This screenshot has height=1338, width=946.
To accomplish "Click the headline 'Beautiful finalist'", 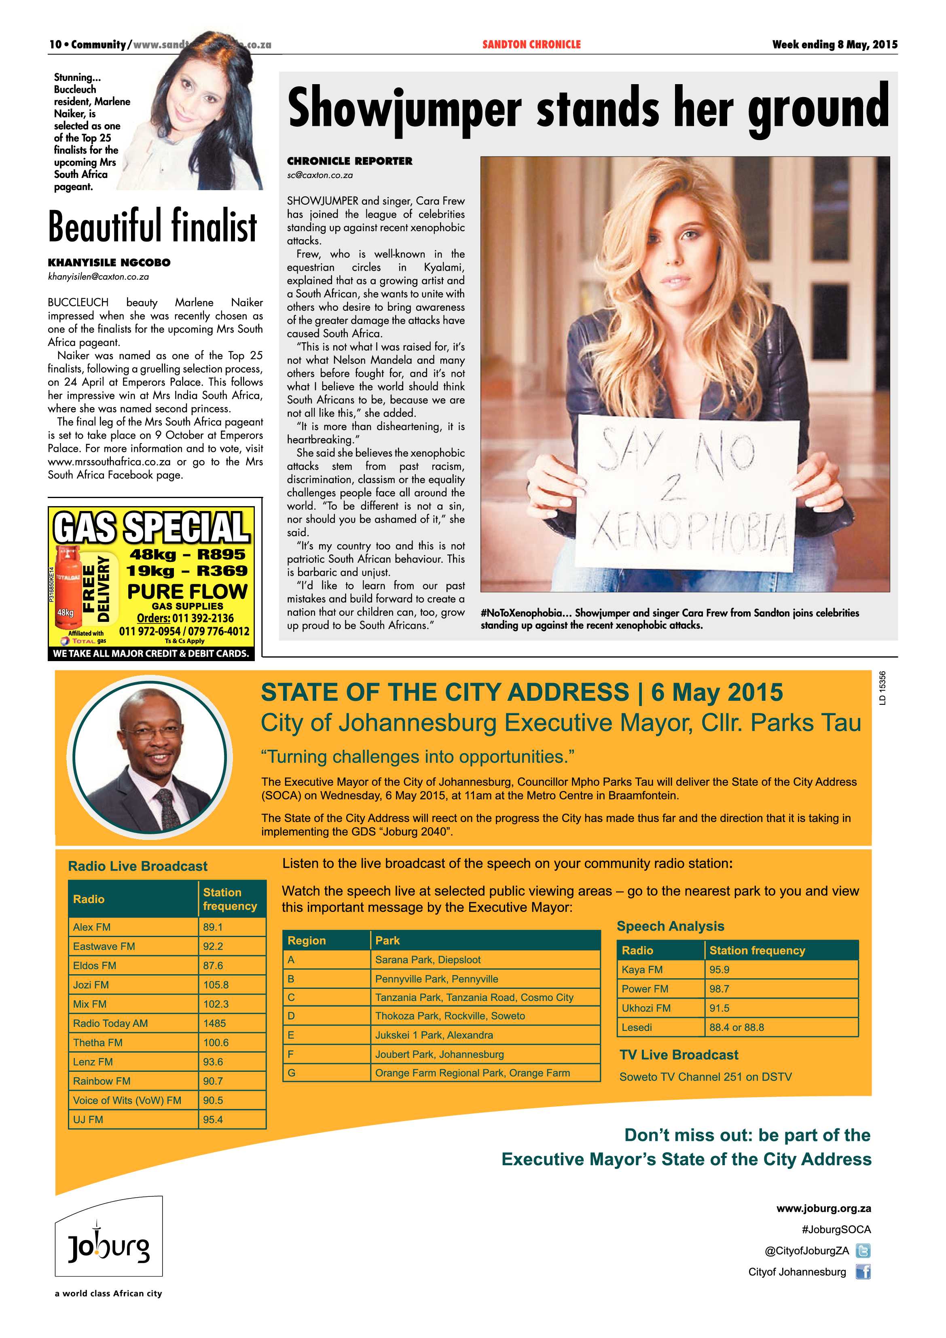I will coord(152,226).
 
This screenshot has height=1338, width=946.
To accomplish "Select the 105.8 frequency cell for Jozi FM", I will coord(216,985).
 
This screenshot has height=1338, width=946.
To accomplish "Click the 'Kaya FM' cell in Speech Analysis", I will coord(642,970).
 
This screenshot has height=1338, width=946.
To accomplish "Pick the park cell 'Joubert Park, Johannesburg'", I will coord(439,1054).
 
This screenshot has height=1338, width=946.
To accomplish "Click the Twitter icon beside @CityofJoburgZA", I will coord(863,1251).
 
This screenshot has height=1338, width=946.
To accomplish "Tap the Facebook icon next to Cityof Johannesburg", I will coord(863,1272).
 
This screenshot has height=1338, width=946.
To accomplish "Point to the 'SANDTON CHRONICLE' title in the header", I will coord(531,44).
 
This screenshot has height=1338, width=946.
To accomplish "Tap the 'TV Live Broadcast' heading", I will coord(679,1055).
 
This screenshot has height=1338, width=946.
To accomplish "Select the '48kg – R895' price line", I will coord(188,554).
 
